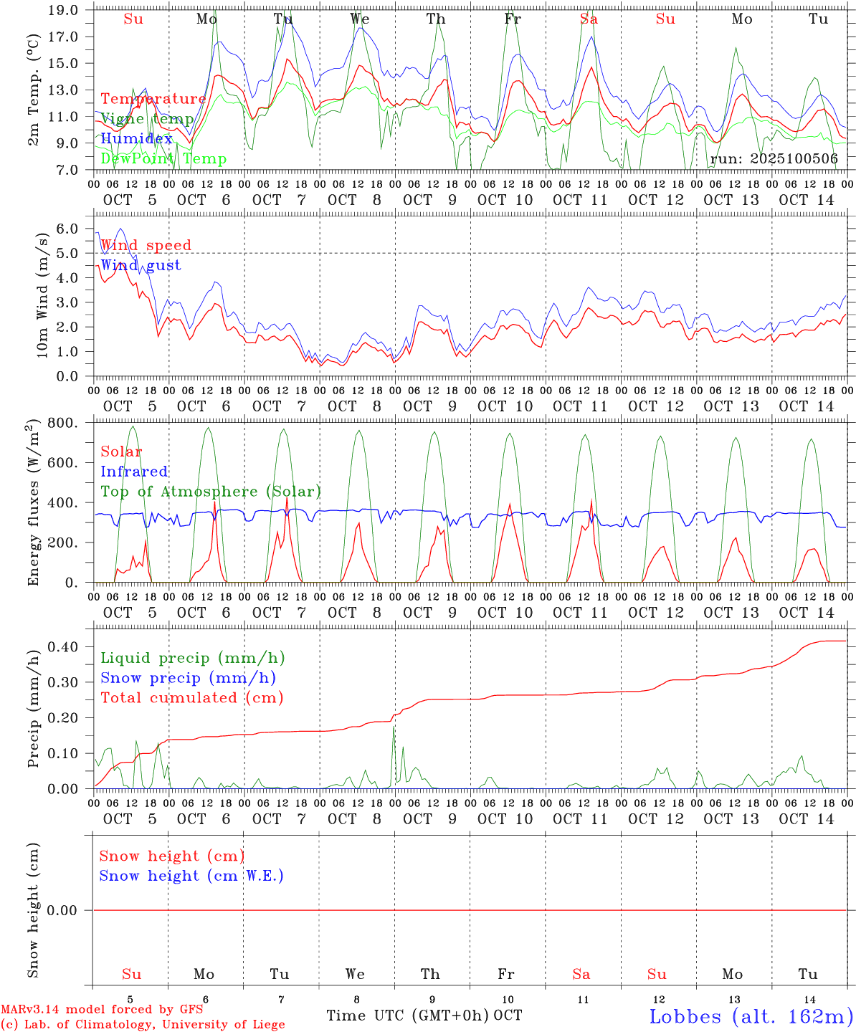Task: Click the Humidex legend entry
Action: (x=137, y=138)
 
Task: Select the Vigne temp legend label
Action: (x=147, y=119)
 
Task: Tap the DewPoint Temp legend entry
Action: (x=163, y=158)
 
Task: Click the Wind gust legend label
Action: (x=141, y=265)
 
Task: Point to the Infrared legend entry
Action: (x=134, y=472)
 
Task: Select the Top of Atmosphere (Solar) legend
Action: (x=211, y=492)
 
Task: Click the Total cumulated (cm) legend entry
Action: (x=191, y=697)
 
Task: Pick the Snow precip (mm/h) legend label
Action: (x=188, y=678)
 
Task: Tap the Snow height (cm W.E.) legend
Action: (x=191, y=876)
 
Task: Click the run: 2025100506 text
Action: (x=774, y=159)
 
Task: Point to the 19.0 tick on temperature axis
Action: (x=65, y=10)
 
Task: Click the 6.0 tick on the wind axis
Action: (x=67, y=229)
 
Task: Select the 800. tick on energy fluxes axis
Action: (x=65, y=423)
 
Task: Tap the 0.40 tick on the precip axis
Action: (x=65, y=646)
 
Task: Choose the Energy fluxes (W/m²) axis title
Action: (x=33, y=504)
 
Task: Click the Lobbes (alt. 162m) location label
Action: (x=751, y=1016)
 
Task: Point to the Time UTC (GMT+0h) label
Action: (x=408, y=1016)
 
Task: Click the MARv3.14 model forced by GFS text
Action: (x=102, y=1009)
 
